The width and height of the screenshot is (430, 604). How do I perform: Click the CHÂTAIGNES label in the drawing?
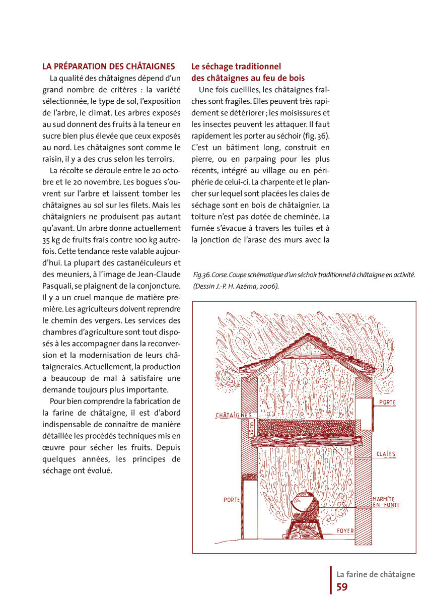click(234, 416)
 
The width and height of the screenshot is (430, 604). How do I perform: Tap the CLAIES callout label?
click(386, 454)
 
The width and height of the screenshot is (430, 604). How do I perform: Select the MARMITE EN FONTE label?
click(386, 502)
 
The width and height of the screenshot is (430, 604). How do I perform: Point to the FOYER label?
click(345, 531)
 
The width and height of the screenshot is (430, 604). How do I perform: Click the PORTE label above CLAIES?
click(387, 403)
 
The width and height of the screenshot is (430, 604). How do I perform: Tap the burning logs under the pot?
click(306, 529)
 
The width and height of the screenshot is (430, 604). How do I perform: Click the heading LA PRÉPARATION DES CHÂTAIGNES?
click(109, 66)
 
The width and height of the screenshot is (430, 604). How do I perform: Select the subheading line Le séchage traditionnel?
click(236, 66)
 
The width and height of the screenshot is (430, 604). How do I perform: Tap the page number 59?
click(342, 587)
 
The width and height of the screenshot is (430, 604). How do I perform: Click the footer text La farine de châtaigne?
click(376, 574)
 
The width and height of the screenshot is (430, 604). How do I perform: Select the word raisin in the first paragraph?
click(52, 159)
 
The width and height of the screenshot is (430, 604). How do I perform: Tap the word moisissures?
click(301, 113)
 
